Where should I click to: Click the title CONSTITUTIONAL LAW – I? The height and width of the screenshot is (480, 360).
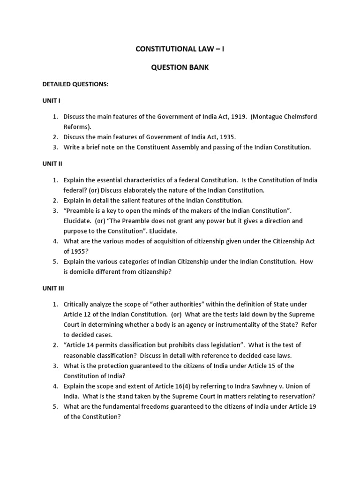pyautogui.click(x=180, y=48)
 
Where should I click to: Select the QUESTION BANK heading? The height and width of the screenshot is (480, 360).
pyautogui.click(x=180, y=67)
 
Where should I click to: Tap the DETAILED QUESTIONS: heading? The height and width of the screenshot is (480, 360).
pyautogui.click(x=75, y=84)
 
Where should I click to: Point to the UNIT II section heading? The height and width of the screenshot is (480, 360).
pyautogui.click(x=52, y=164)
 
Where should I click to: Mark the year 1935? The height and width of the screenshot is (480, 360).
pyautogui.click(x=227, y=137)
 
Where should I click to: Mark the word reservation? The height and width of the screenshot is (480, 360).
pyautogui.click(x=292, y=397)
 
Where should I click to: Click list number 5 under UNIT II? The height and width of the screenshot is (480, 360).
pyautogui.click(x=55, y=262)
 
